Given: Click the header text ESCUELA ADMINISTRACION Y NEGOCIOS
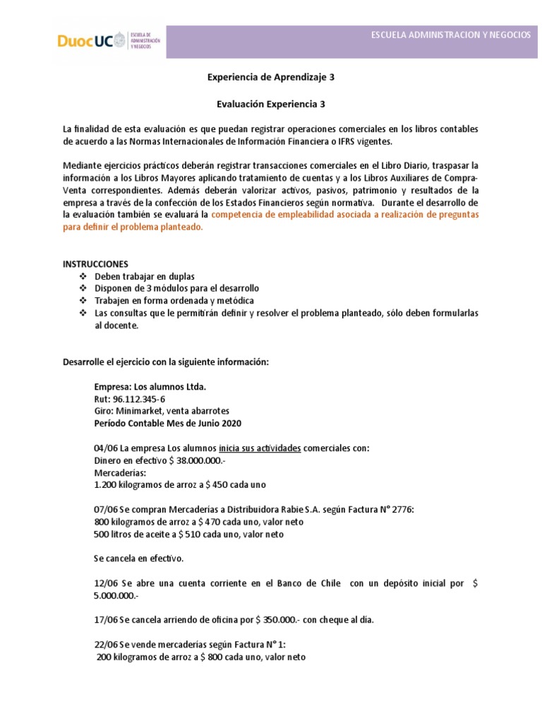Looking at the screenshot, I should pos(451,35).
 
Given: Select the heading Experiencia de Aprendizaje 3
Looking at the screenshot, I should pos(270,78).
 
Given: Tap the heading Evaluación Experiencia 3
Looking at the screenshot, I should pos(270,103).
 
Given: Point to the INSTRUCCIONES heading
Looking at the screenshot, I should pos(96,263).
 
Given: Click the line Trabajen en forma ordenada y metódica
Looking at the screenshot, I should pos(174,301).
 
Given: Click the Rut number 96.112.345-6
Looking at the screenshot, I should pos(140,399).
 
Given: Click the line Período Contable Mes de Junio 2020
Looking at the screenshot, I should pos(167,423).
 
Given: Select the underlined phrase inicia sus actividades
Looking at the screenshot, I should pos(260,448).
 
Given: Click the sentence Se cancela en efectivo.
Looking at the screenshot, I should pos(138,558).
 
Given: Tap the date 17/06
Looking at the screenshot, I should pos(106,620).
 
